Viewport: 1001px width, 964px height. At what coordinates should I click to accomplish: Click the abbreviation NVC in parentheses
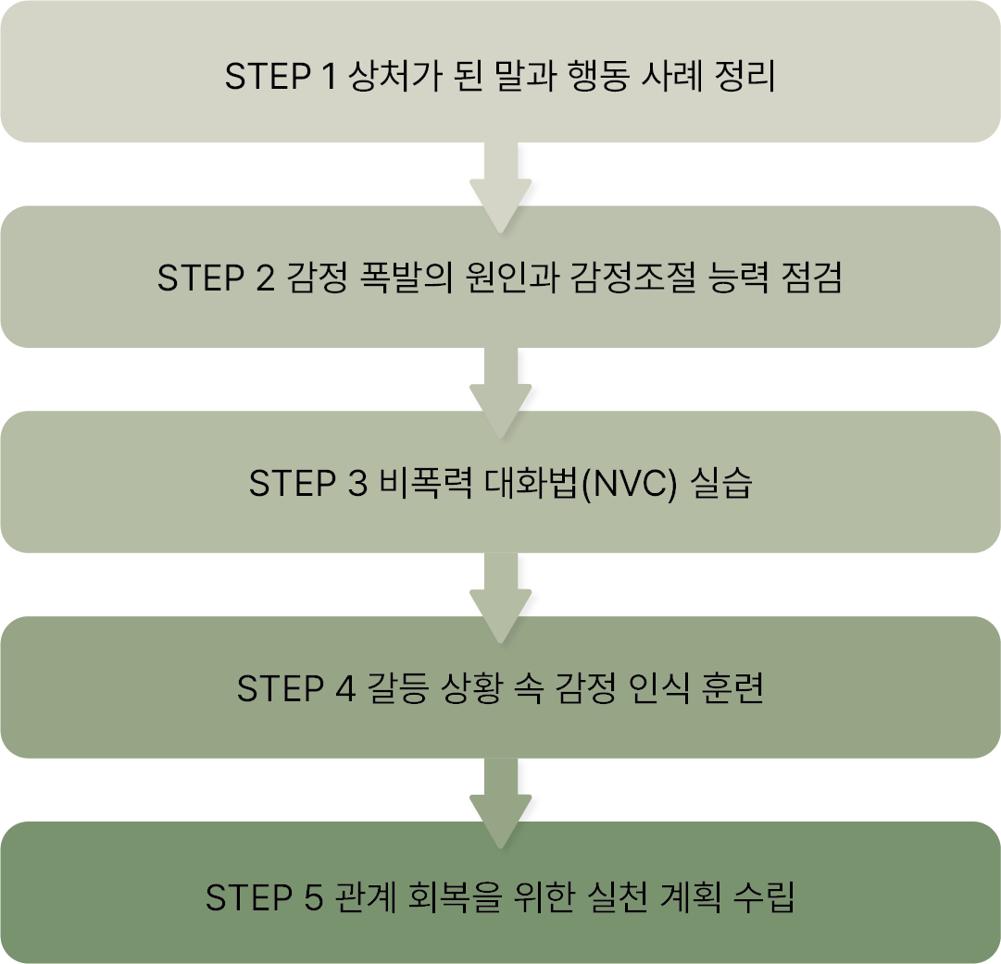coord(629,484)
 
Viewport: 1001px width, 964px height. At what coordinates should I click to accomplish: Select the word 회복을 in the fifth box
coord(450,896)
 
